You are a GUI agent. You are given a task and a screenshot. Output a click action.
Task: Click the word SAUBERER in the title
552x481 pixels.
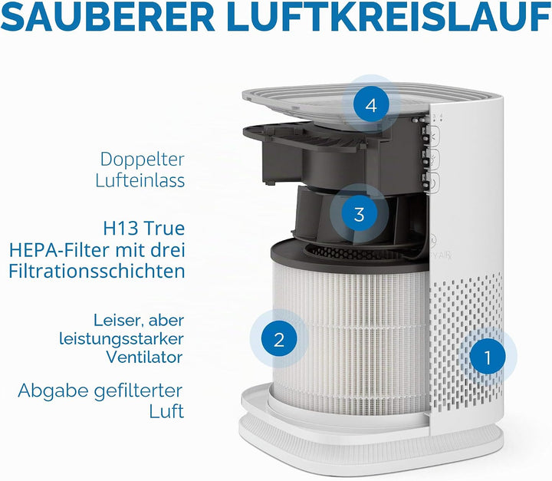pyautogui.click(x=108, y=17)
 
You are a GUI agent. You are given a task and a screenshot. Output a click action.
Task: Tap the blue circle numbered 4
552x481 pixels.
pyautogui.click(x=371, y=105)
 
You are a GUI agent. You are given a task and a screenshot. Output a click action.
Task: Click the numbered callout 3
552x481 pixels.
pyautogui.click(x=359, y=213)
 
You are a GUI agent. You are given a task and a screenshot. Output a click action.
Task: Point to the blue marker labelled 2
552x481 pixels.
pyautogui.click(x=279, y=339)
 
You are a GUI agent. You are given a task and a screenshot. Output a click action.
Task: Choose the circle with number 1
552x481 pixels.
pyautogui.click(x=488, y=357)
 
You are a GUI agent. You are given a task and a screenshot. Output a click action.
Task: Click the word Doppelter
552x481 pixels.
pyautogui.click(x=143, y=160)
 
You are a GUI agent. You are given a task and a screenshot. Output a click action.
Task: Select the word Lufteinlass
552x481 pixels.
pyautogui.click(x=140, y=180)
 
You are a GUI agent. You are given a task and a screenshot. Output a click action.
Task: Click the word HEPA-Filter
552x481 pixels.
pyautogui.click(x=58, y=250)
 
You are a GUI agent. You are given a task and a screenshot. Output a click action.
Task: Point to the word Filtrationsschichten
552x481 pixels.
pyautogui.click(x=97, y=272)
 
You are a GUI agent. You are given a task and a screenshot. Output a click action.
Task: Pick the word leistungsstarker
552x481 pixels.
pyautogui.click(x=121, y=339)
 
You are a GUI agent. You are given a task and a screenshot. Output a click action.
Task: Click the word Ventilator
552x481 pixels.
pyautogui.click(x=145, y=357)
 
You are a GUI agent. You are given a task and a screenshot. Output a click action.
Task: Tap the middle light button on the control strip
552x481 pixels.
pyautogui.click(x=432, y=159)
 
